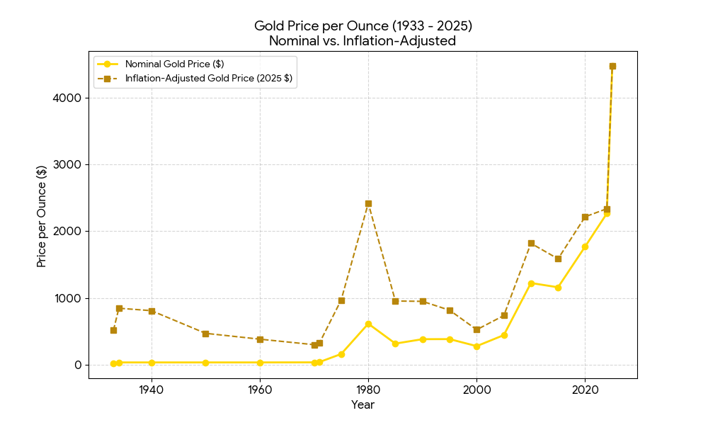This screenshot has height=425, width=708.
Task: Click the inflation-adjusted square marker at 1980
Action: click(x=368, y=203)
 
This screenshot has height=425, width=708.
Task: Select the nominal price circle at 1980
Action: click(x=368, y=324)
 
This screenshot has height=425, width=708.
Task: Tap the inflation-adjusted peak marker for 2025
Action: click(x=612, y=66)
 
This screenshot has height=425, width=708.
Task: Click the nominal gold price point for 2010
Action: click(x=531, y=283)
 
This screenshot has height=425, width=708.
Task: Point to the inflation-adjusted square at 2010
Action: click(x=531, y=243)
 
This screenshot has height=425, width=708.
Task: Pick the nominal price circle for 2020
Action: click(x=585, y=246)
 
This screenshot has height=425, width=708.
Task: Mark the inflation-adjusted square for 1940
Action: click(x=152, y=311)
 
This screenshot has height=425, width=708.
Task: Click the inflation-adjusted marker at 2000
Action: click(x=476, y=329)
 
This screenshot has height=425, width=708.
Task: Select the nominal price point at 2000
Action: click(x=476, y=346)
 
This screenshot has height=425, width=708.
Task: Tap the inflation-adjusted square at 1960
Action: click(x=260, y=339)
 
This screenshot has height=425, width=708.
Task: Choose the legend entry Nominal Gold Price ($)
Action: click(x=174, y=64)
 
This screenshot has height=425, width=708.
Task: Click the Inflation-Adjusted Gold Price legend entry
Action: click(x=208, y=79)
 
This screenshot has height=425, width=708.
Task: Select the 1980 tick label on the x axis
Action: click(x=368, y=390)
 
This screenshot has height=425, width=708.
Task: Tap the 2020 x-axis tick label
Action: click(x=585, y=390)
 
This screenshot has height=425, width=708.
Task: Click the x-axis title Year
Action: click(x=362, y=405)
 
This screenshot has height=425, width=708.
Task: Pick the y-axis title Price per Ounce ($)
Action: click(x=42, y=216)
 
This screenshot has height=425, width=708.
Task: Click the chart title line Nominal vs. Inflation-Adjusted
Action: click(x=362, y=41)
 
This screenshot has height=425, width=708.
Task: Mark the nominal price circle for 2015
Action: click(x=558, y=288)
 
